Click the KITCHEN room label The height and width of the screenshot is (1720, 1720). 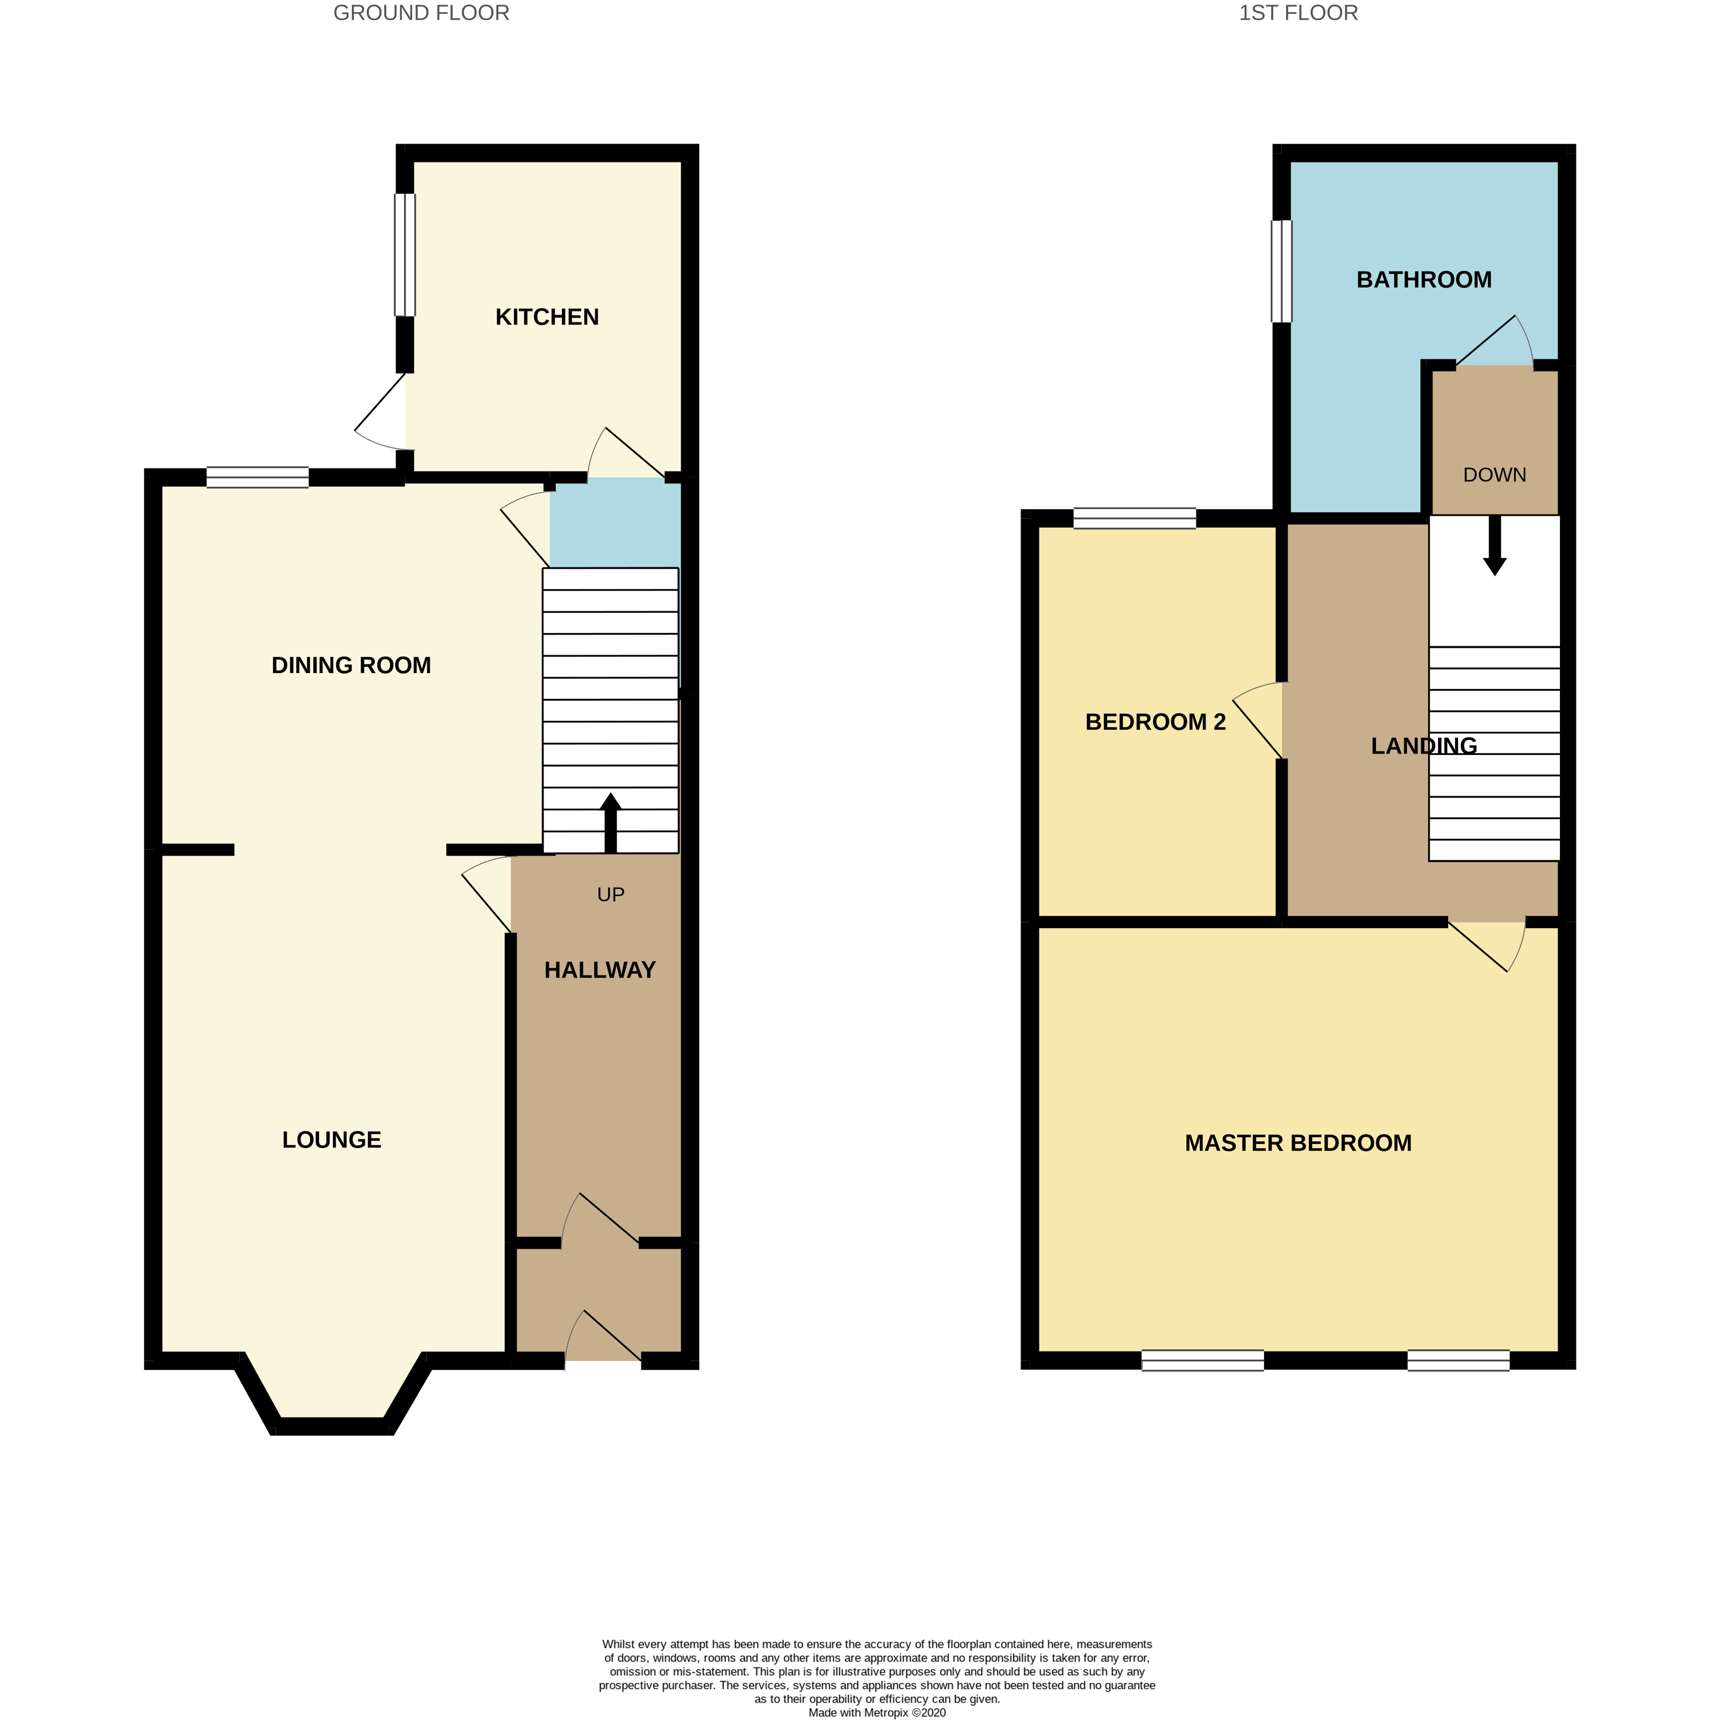547,317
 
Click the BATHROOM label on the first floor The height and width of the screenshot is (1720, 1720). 1423,280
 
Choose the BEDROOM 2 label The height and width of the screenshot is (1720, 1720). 1155,722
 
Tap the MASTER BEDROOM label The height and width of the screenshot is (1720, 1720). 1297,1143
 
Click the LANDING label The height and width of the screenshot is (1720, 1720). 1423,746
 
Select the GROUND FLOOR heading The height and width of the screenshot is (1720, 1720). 421,13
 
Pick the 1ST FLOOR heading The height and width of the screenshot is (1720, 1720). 1297,13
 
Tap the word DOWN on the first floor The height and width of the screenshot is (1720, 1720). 1494,475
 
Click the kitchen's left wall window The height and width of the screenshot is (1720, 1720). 404,254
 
